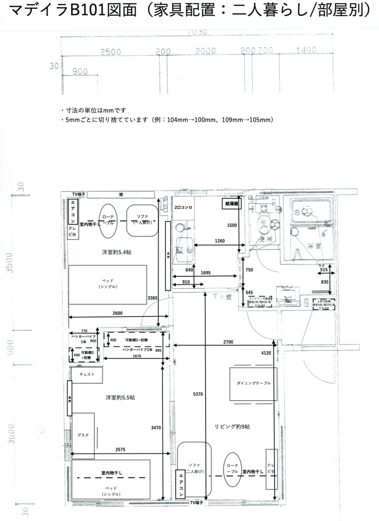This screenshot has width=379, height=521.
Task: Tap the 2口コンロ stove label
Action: pyautogui.click(x=183, y=208)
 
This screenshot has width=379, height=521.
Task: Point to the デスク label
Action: pyautogui.click(x=83, y=435)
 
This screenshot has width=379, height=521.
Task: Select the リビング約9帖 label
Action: pyautogui.click(x=231, y=427)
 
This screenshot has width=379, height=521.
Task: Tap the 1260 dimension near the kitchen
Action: pyautogui.click(x=219, y=241)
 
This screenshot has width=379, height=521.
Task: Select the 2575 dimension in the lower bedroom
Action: pyautogui.click(x=120, y=449)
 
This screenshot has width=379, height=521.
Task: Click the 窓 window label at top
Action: pyautogui.click(x=121, y=194)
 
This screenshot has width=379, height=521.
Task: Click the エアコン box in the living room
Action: pyautogui.click(x=180, y=484)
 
